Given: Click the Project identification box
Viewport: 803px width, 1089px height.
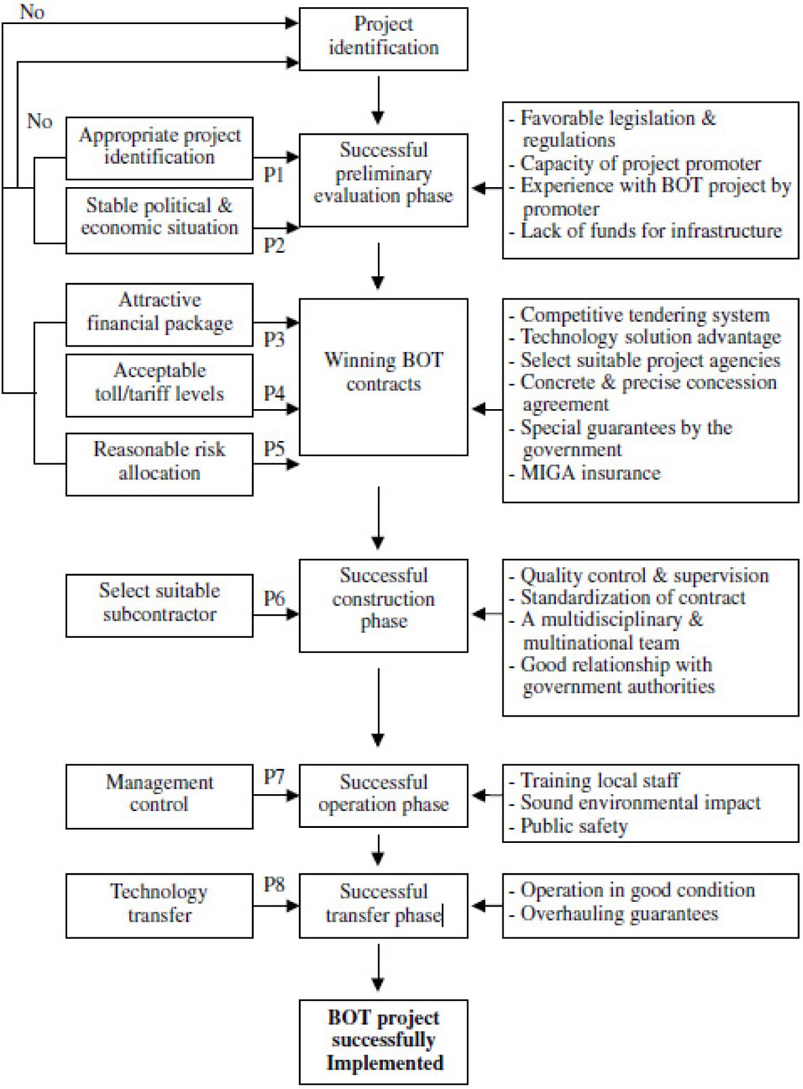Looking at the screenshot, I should pyautogui.click(x=383, y=39).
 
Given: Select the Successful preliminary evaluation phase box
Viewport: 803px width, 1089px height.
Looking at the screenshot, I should pyautogui.click(x=383, y=179).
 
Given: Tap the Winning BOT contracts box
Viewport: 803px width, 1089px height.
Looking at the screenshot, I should pyautogui.click(x=383, y=377).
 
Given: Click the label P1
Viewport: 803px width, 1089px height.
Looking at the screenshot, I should pyautogui.click(x=274, y=174).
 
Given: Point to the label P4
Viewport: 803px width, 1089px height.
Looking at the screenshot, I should pyautogui.click(x=274, y=393).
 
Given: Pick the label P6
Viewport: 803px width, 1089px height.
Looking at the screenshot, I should pyautogui.click(x=274, y=598).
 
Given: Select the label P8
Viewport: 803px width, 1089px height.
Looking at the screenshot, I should pyautogui.click(x=274, y=884).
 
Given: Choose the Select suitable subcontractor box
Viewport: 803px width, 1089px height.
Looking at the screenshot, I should pyautogui.click(x=159, y=605).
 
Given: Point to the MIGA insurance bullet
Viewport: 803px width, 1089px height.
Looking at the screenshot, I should pyautogui.click(x=590, y=473).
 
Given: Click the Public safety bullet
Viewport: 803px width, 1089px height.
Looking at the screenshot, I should pyautogui.click(x=573, y=826).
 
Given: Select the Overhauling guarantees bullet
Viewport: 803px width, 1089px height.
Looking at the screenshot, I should pyautogui.click(x=618, y=914).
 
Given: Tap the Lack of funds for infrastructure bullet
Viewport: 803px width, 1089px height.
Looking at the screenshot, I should pyautogui.click(x=650, y=231).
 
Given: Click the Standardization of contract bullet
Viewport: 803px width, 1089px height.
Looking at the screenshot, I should pyautogui.click(x=632, y=597).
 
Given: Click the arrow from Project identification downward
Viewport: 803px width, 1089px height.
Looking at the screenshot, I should pyautogui.click(x=378, y=99).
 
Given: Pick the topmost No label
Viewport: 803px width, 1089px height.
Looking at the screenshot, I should pyautogui.click(x=32, y=11).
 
